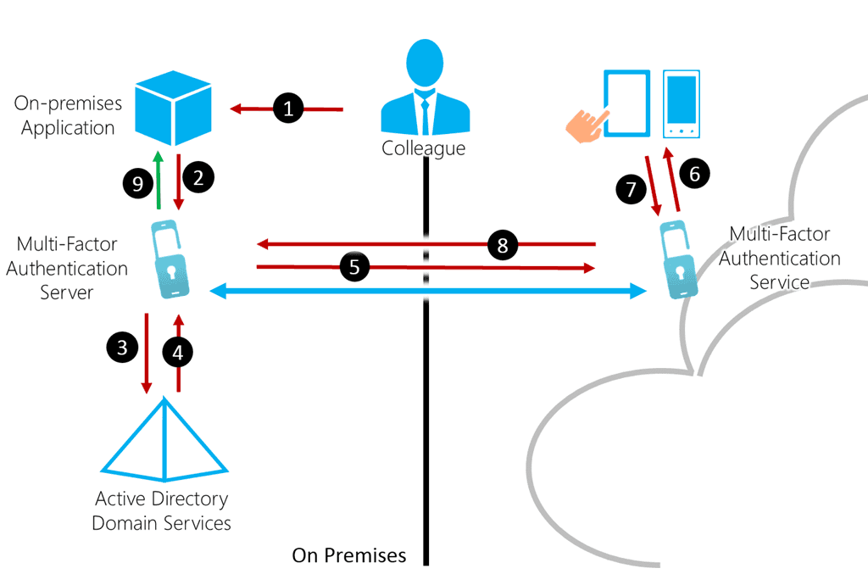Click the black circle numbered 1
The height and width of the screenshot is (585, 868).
288,109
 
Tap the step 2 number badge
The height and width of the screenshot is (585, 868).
198,178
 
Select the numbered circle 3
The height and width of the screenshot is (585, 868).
123,346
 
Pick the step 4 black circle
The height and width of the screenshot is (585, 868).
178,354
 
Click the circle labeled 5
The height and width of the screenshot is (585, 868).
355,266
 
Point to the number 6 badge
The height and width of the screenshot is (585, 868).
694,175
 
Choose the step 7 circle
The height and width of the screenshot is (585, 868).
631,189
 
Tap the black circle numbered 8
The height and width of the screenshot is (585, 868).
504,246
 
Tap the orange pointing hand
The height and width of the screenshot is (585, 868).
588,123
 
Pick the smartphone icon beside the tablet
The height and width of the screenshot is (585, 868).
682,104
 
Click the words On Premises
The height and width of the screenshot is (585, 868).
349,556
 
